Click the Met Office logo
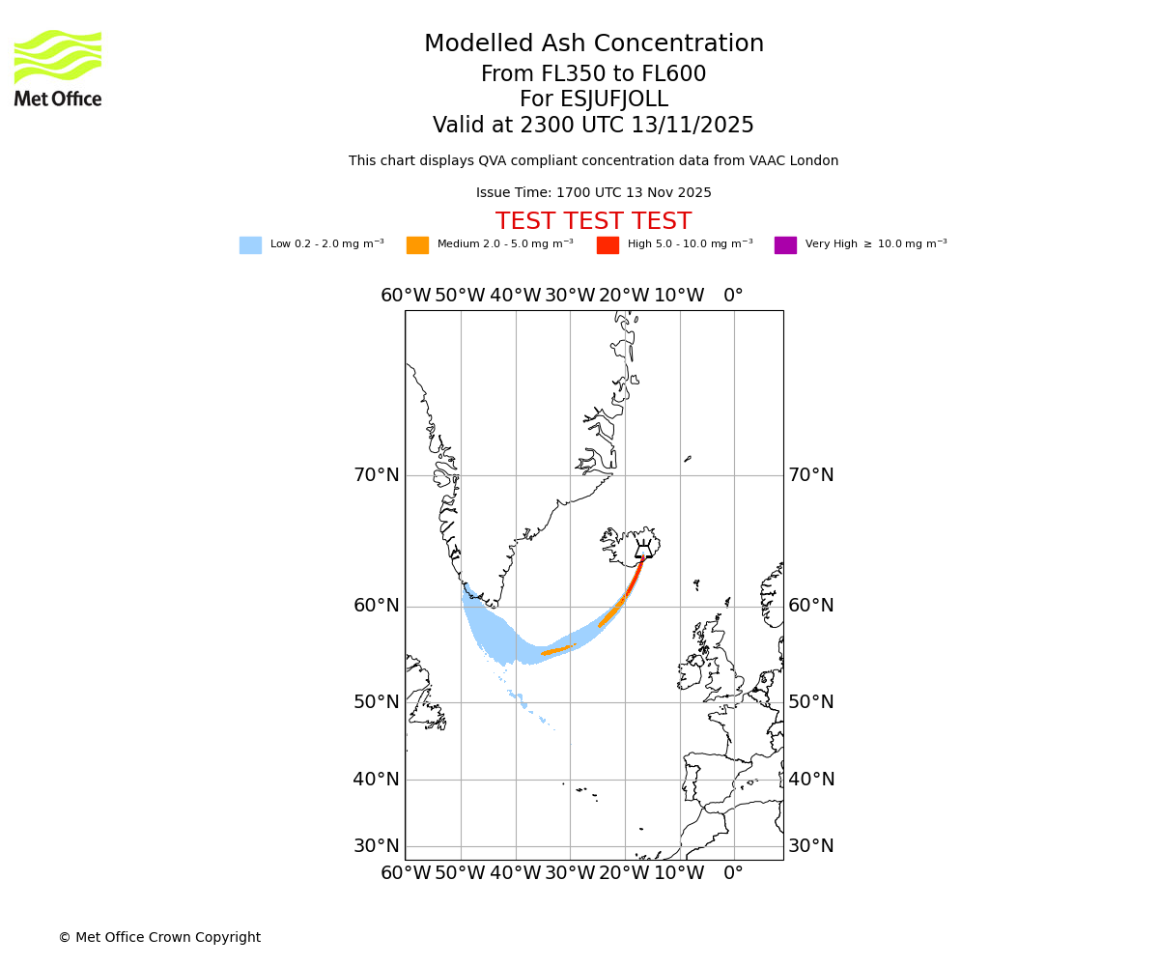(x=58, y=68)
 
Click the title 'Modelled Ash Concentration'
(x=593, y=44)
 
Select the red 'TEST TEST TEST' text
(x=593, y=222)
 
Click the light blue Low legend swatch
(x=250, y=245)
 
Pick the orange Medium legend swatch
(x=417, y=245)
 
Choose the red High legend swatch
(x=608, y=245)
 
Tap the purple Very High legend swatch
(x=785, y=245)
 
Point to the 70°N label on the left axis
(x=376, y=475)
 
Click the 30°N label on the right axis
(x=811, y=846)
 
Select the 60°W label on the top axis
(x=406, y=296)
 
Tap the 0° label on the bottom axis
(x=734, y=874)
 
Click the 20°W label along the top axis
(x=625, y=296)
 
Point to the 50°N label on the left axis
(x=376, y=702)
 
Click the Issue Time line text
(x=593, y=193)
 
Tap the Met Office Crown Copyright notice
(x=159, y=938)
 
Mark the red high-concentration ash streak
(x=634, y=579)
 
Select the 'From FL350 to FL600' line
(x=593, y=74)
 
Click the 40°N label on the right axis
(x=811, y=780)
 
